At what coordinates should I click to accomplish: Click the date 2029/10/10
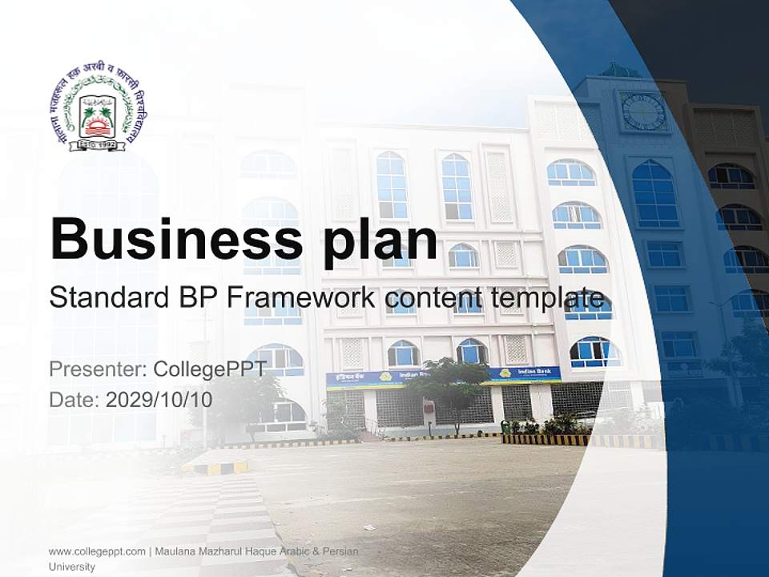click(x=159, y=399)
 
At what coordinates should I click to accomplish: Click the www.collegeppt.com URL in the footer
click(x=97, y=551)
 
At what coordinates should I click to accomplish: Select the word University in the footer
click(x=72, y=567)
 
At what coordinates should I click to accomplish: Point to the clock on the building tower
click(x=643, y=111)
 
